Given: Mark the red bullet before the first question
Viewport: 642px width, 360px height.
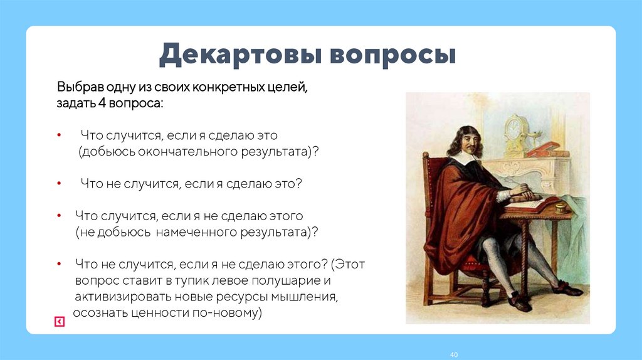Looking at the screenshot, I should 58,135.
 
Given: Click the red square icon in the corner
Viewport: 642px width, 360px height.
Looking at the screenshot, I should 58,322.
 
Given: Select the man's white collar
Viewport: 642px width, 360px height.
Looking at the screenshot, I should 463,160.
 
